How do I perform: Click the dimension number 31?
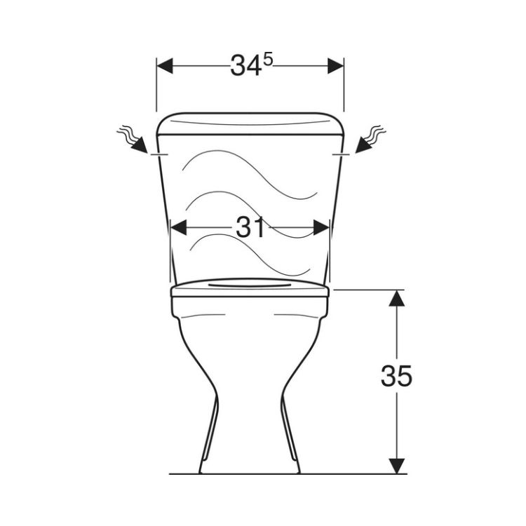click(x=250, y=227)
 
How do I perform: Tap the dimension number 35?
click(x=396, y=375)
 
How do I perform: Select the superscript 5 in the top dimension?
click(x=268, y=61)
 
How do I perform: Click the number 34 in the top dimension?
click(x=246, y=65)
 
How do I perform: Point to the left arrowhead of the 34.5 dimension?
click(x=164, y=66)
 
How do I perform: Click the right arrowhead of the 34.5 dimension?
click(x=336, y=66)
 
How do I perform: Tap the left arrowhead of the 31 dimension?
click(x=178, y=228)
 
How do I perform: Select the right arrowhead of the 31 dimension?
click(x=321, y=228)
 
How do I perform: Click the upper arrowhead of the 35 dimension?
click(x=397, y=298)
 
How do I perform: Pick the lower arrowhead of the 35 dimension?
click(x=397, y=466)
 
